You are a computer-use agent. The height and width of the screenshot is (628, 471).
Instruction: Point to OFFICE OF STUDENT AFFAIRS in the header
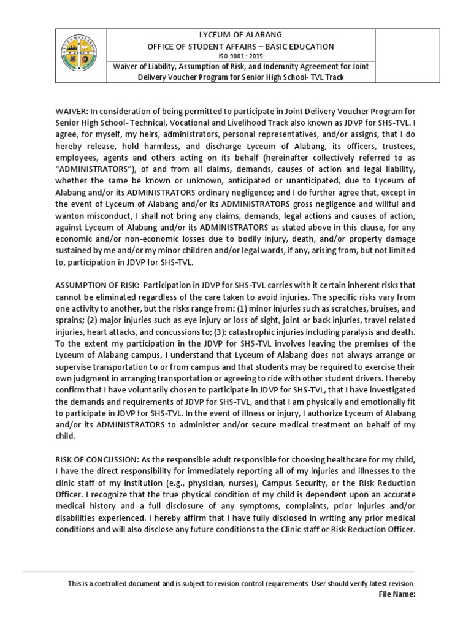[x=221, y=46]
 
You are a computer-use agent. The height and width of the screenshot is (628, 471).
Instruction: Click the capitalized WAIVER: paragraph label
[x=72, y=111]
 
